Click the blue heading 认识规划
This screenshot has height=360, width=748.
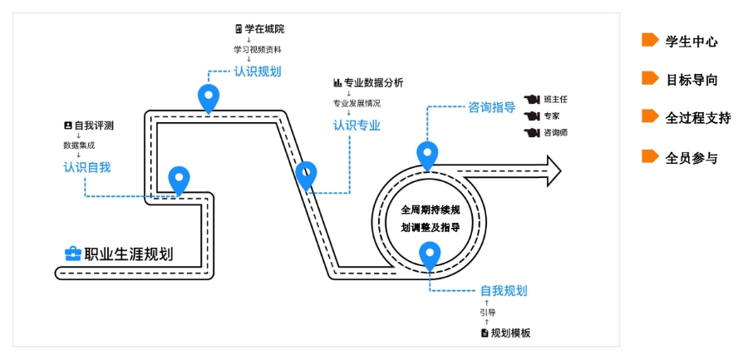[x=257, y=72]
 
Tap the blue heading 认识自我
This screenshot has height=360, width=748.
[x=86, y=168]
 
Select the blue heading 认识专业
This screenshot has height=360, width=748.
[x=357, y=126]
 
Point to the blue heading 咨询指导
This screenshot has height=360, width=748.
[x=492, y=107]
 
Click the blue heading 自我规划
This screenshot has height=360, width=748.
[x=504, y=291]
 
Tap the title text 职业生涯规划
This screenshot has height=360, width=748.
[x=129, y=254]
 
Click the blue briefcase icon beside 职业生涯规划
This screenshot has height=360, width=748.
[x=72, y=254]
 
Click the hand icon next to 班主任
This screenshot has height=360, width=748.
[x=531, y=100]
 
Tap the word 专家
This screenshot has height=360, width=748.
[x=552, y=116]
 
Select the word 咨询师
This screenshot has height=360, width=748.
[x=556, y=132]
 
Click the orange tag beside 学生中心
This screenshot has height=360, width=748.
[x=650, y=40]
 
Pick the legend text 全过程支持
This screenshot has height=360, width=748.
[x=698, y=118]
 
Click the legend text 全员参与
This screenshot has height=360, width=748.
[x=691, y=158]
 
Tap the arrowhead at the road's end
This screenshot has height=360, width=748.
[x=554, y=170]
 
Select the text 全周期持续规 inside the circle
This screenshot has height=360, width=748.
[x=431, y=210]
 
